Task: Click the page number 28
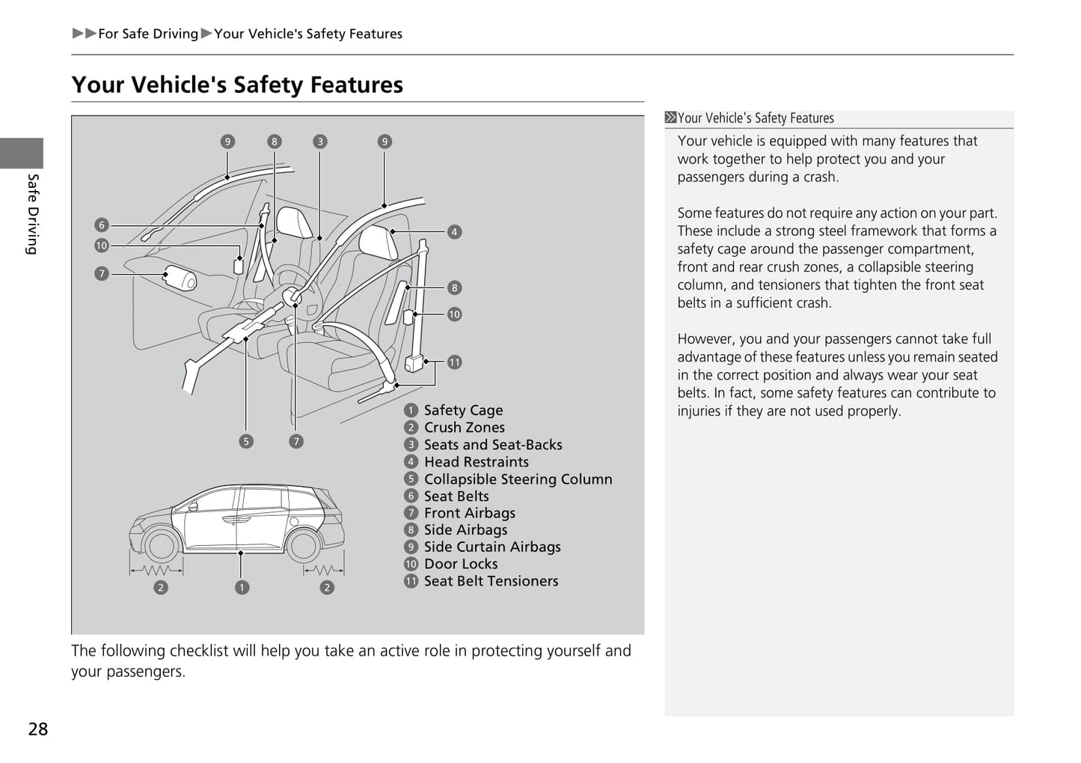38,729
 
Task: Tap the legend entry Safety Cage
462,410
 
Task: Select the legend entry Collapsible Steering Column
518,479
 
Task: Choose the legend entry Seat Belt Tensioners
491,581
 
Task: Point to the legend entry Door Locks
460,564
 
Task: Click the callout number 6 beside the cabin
102,225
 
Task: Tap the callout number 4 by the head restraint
454,232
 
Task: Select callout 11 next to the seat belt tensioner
455,362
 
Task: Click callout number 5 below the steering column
246,441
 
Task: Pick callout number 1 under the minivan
242,588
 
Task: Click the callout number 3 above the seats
320,142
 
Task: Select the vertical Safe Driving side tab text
32,214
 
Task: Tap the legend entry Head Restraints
476,462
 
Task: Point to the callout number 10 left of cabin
102,246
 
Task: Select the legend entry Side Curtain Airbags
491,547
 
